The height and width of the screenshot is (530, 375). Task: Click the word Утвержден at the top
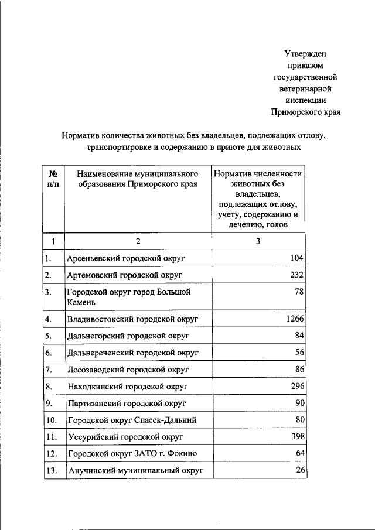pyautogui.click(x=306, y=53)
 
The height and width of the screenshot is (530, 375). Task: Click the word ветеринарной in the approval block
pyautogui.click(x=306, y=88)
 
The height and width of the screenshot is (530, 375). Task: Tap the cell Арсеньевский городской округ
pyautogui.click(x=127, y=258)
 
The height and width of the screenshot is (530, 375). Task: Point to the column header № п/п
pyautogui.click(x=53, y=179)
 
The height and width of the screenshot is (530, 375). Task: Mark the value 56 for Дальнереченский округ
pyautogui.click(x=299, y=353)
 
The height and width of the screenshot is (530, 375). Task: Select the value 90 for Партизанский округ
pyautogui.click(x=299, y=404)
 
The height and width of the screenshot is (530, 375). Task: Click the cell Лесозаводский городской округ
pyautogui.click(x=128, y=370)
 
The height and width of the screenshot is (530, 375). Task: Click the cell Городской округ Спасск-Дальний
pyautogui.click(x=131, y=420)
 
